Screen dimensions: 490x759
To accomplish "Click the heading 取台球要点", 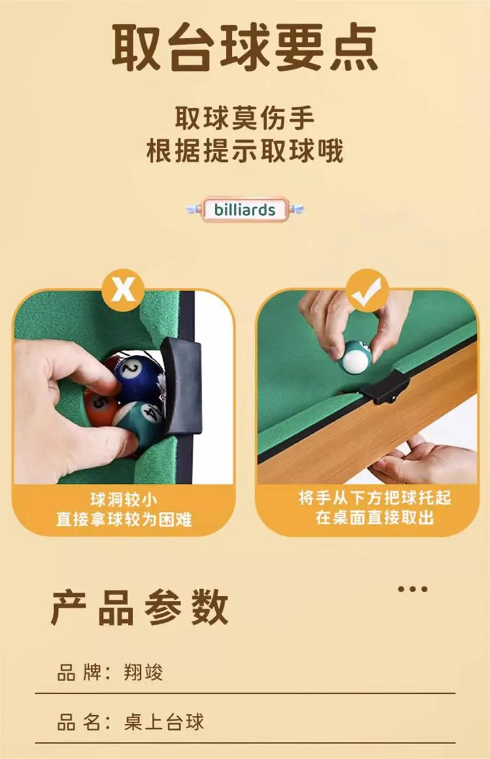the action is [x=244, y=47].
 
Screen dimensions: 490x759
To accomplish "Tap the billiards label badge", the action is [x=245, y=210].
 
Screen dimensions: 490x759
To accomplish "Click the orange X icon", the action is [x=123, y=290].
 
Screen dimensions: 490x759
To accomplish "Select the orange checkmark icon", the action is [x=367, y=290].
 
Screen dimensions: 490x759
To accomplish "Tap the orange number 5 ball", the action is [x=100, y=407].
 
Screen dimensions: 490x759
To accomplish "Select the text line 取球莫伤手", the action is [x=245, y=118].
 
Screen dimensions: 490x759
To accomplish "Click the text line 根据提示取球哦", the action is [x=245, y=150].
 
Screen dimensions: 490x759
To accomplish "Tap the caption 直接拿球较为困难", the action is [x=124, y=519].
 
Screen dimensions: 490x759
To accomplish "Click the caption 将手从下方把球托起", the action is [x=375, y=498].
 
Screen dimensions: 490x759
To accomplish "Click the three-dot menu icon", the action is [x=412, y=589].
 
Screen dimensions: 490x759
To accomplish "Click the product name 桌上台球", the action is [x=164, y=721].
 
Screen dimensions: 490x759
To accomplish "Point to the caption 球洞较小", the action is [x=124, y=500].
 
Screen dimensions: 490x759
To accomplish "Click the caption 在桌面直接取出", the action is [x=375, y=518].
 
